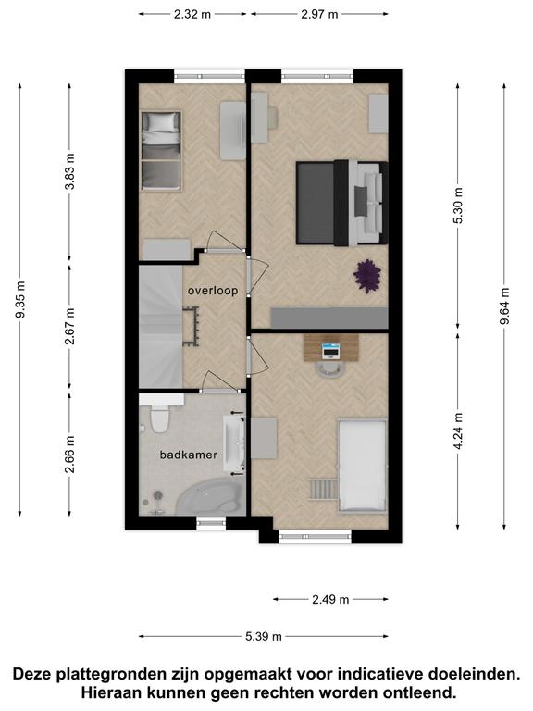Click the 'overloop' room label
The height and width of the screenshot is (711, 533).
(x=213, y=291)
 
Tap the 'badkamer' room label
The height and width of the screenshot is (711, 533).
(x=189, y=455)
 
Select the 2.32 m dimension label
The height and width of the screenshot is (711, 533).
(x=192, y=14)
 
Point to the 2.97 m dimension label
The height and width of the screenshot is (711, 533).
(x=319, y=14)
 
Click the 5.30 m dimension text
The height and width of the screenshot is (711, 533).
(x=458, y=206)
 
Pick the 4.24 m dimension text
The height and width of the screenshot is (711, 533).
(x=458, y=431)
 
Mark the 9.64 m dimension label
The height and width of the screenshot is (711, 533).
(x=505, y=306)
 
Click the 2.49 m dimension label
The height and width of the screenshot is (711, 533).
(x=330, y=600)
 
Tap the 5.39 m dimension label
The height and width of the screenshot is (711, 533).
(x=264, y=637)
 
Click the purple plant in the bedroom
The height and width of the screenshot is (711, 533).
(x=367, y=276)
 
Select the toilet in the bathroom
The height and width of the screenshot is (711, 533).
(x=159, y=419)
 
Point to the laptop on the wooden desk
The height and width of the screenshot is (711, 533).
(x=330, y=351)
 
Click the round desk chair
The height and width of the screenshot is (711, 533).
(x=330, y=369)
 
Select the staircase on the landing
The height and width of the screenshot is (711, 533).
(x=161, y=327)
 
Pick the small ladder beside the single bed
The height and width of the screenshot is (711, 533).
(x=323, y=490)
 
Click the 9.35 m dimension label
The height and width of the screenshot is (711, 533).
(x=21, y=300)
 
